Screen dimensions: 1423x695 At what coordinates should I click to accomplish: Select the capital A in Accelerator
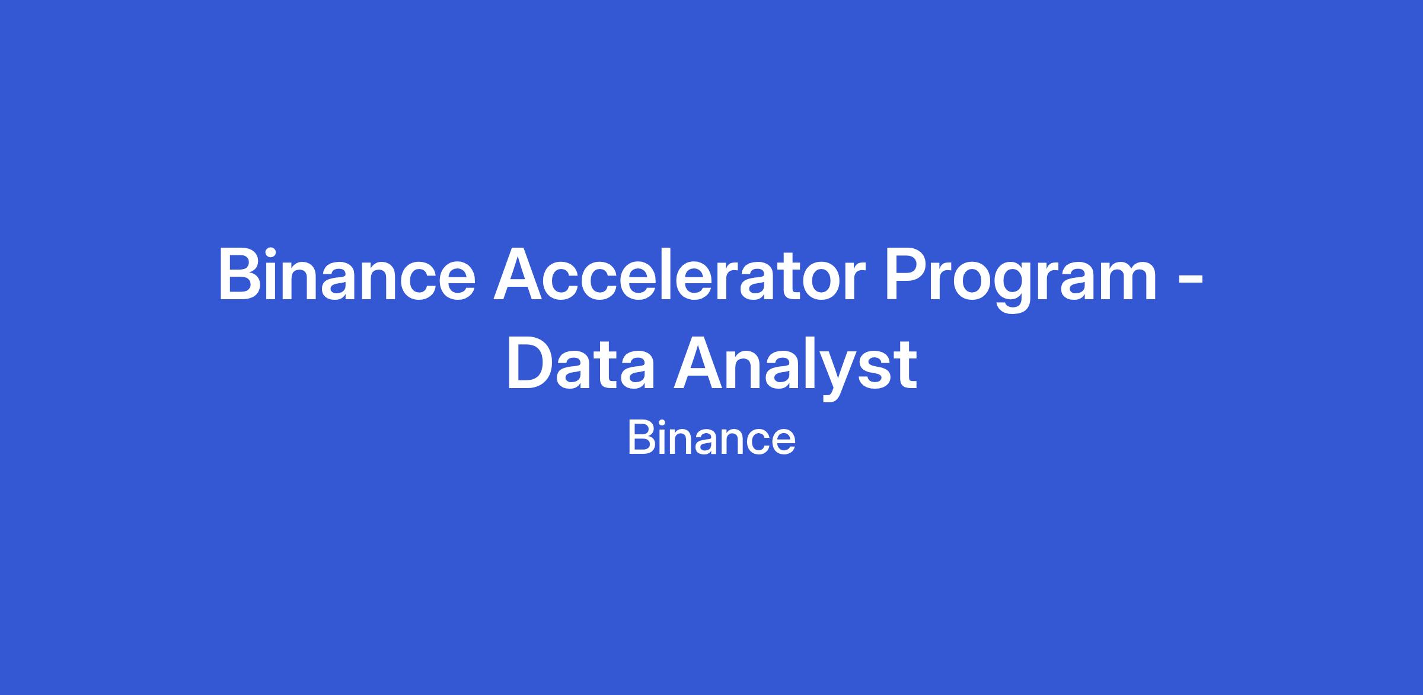pos(522,275)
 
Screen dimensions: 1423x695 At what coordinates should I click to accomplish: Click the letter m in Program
pos(1123,281)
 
